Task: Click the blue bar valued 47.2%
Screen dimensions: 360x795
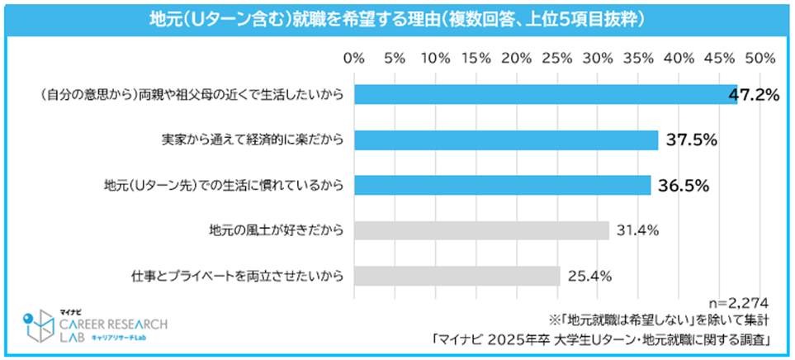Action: (x=545, y=95)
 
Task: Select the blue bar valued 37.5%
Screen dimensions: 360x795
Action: (x=506, y=140)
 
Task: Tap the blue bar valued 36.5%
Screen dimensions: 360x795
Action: (x=502, y=185)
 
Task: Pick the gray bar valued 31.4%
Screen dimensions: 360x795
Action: (x=481, y=230)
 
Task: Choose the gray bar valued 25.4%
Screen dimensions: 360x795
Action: (x=457, y=275)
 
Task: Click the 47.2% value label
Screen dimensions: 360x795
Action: (x=755, y=95)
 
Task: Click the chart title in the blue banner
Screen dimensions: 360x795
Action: (x=396, y=18)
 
